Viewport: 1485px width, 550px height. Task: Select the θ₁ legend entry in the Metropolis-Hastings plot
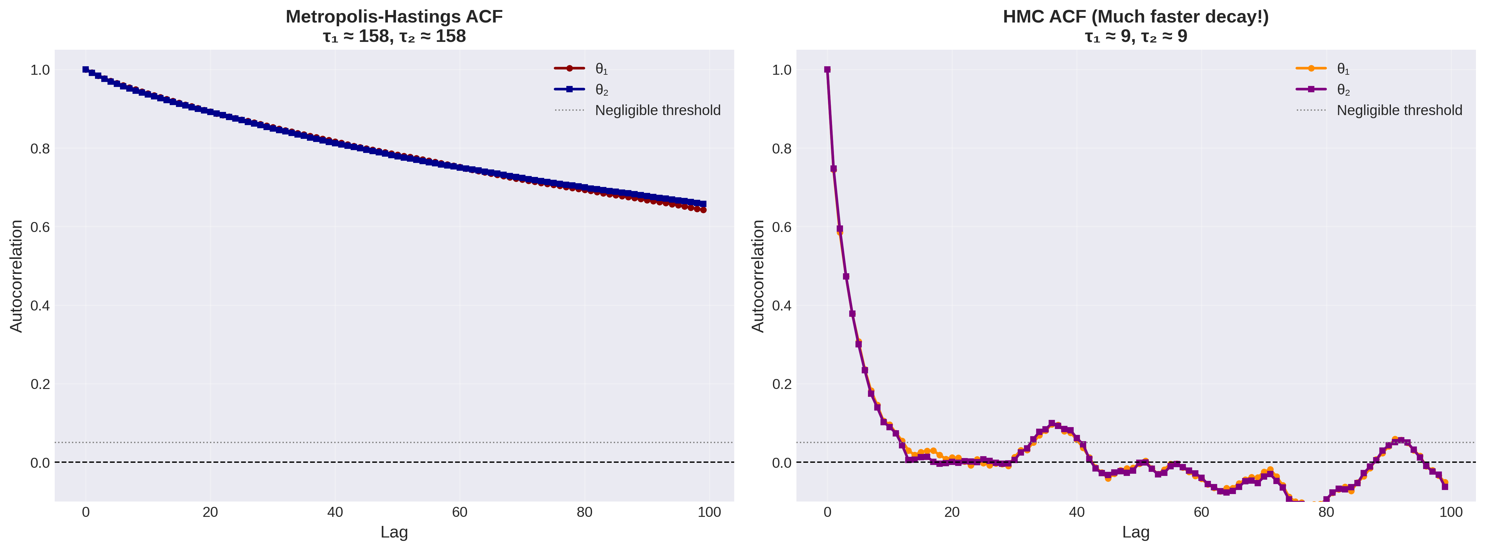601,69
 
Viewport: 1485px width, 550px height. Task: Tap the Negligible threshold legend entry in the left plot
657,110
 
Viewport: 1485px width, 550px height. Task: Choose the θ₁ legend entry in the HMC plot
1343,69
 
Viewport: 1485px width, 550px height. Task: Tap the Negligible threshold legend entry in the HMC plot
1399,110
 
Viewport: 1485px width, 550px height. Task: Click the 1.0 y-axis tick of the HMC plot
782,70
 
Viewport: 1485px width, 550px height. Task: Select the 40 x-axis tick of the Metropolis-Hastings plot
335,512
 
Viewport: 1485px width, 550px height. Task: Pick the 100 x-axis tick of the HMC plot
1451,512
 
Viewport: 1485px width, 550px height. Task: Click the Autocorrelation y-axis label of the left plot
16,275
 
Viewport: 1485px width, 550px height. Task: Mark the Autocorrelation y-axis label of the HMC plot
758,275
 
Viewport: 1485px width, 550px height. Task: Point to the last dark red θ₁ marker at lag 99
703,210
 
